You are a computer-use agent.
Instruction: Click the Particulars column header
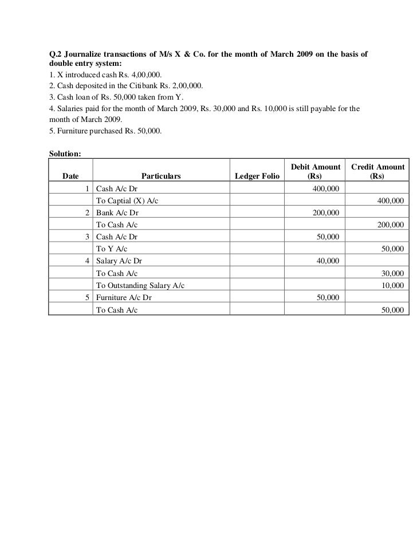click(x=161, y=176)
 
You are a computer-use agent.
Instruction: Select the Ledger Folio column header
click(x=258, y=176)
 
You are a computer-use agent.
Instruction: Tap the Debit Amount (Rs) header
click(x=315, y=171)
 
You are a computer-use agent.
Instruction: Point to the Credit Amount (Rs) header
click(x=377, y=171)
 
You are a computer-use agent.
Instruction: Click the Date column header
click(x=70, y=176)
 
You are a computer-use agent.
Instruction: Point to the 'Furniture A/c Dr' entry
click(x=124, y=298)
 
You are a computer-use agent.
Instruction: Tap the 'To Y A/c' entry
click(x=112, y=249)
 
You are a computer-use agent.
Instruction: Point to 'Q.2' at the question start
click(x=56, y=54)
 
